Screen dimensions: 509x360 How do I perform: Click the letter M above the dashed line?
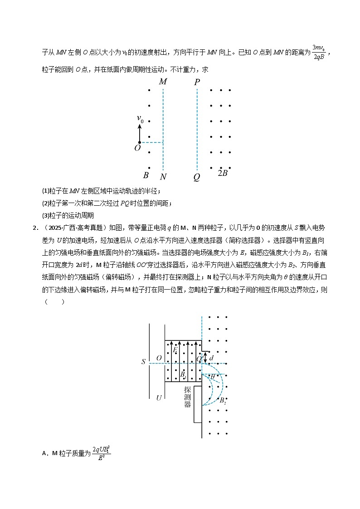pyautogui.click(x=163, y=82)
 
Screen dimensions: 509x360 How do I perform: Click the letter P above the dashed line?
pyautogui.click(x=197, y=82)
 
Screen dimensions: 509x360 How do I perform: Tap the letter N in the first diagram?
pyautogui.click(x=163, y=176)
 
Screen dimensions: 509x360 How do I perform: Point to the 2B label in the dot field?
pyautogui.click(x=222, y=173)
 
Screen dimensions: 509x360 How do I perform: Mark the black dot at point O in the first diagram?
pyautogui.click(x=139, y=143)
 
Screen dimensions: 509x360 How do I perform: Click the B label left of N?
pyautogui.click(x=146, y=175)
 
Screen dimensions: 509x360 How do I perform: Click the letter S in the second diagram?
pyautogui.click(x=143, y=362)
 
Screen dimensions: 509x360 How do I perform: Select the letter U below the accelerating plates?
pyautogui.click(x=159, y=398)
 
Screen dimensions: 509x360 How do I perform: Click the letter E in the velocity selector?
pyautogui.click(x=175, y=350)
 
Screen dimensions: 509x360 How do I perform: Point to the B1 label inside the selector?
pyautogui.click(x=182, y=375)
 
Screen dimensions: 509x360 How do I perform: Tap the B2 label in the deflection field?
pyautogui.click(x=222, y=401)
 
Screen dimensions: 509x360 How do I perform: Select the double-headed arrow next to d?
pyautogui.click(x=205, y=358)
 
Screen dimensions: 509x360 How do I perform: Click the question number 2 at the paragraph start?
pyautogui.click(x=34, y=228)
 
